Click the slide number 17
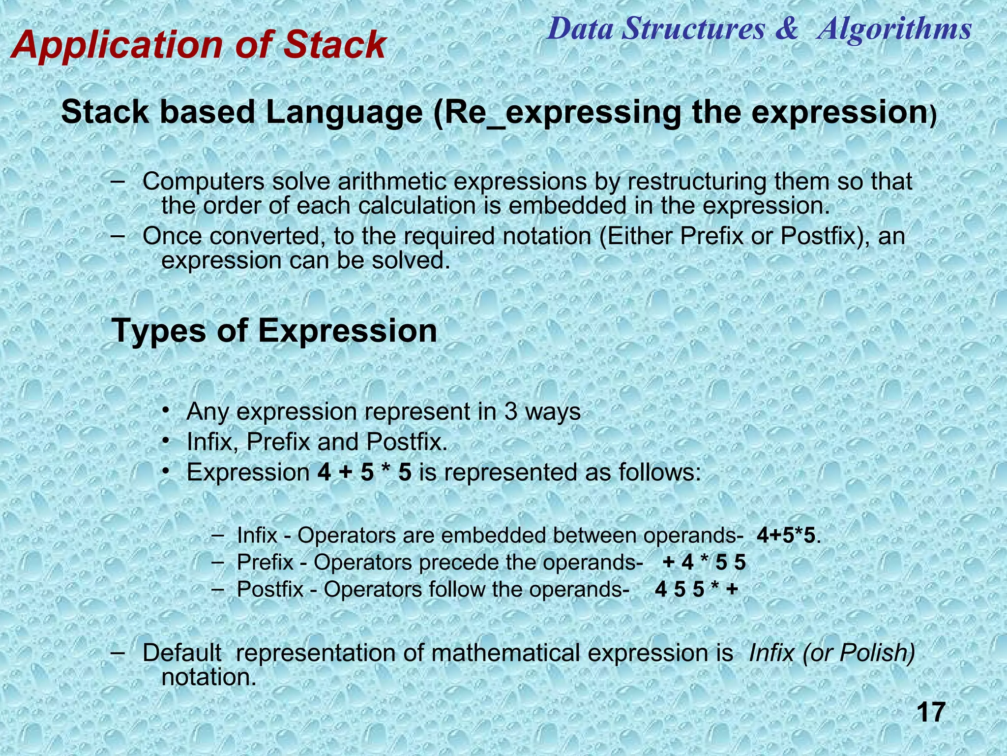click(x=931, y=712)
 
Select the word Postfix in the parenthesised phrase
click(x=818, y=236)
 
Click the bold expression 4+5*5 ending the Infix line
click(x=785, y=535)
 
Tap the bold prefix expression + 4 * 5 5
click(x=704, y=562)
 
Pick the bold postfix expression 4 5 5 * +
click(x=696, y=589)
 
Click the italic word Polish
click(x=877, y=653)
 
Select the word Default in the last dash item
click(x=181, y=653)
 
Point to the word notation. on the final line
click(x=209, y=677)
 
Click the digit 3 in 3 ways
click(x=510, y=411)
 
